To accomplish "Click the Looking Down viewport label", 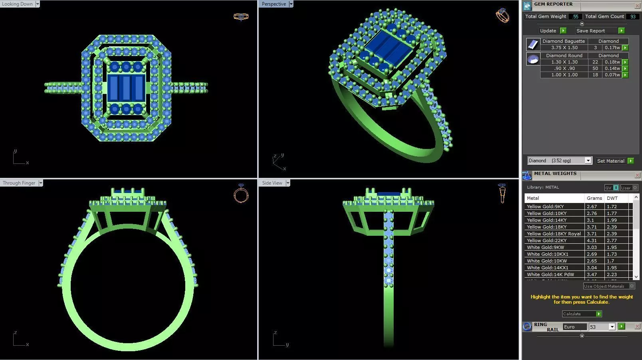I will coord(18,4).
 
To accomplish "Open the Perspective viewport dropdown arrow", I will coord(291,4).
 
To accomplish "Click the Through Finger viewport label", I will coord(19,183).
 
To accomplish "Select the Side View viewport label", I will coord(272,183).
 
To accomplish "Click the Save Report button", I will coord(590,31).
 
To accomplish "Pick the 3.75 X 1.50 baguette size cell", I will coord(564,48).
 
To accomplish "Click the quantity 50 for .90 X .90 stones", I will coord(595,68).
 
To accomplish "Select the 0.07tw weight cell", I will coord(612,75).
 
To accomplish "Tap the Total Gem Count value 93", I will coord(633,16).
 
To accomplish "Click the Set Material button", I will coord(610,161).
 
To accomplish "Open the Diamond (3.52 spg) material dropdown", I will coord(588,161).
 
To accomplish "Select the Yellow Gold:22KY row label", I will coord(547,241).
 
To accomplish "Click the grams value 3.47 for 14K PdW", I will coord(592,274).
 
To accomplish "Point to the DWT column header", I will coord(612,198).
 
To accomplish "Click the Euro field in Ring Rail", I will coord(574,327).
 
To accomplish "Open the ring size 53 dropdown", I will coord(612,327).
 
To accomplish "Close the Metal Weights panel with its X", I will coord(637,175).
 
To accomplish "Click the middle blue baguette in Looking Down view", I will coord(127,88).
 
